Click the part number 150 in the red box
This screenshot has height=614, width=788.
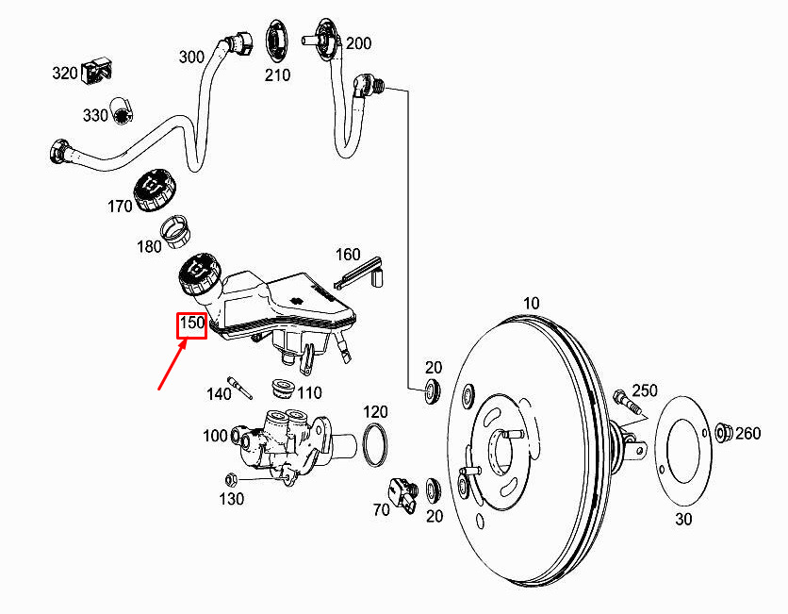point(191,323)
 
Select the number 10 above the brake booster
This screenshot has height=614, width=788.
point(531,304)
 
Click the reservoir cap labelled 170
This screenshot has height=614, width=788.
point(155,191)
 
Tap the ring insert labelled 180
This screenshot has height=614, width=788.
point(175,231)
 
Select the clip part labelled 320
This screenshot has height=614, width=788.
point(97,72)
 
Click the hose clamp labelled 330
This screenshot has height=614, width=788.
point(121,111)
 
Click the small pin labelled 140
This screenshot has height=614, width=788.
point(239,387)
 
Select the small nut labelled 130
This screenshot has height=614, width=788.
point(231,479)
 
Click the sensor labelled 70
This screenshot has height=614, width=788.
point(402,495)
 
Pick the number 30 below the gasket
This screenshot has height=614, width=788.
point(683,519)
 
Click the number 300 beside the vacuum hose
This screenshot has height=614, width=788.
point(191,58)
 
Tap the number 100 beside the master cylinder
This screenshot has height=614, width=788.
point(215,436)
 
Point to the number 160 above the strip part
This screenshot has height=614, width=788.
point(348,255)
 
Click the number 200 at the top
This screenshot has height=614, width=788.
point(358,43)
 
